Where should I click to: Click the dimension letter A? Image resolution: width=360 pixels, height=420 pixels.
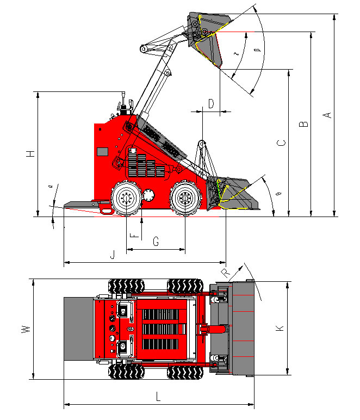click(327, 114)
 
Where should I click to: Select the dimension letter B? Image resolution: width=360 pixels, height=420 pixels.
click(304, 123)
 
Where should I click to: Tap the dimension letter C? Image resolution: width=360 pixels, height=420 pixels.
click(281, 144)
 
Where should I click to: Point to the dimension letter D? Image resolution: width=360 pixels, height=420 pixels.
click(211, 103)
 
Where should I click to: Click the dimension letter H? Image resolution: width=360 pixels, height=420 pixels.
click(31, 153)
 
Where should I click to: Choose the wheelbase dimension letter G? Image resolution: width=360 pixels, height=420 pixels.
click(156, 242)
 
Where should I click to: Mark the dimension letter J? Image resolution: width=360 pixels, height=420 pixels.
click(113, 254)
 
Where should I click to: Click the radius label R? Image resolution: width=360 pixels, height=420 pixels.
click(226, 271)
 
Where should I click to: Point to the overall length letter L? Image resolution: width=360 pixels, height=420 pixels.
click(158, 397)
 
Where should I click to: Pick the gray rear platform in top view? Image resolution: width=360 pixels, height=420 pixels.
click(79, 329)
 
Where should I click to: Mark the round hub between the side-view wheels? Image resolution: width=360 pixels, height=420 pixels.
click(150, 196)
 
